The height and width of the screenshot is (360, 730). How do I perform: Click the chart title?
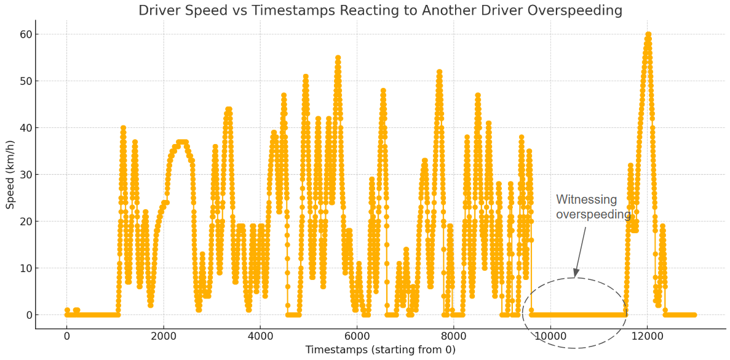[x=380, y=10]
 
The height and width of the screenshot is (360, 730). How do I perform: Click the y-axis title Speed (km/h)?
[x=10, y=174]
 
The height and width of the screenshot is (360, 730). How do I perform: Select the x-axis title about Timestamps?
[x=380, y=350]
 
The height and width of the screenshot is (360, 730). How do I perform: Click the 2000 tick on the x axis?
[x=164, y=336]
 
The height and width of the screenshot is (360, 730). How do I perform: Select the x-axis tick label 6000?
[x=357, y=336]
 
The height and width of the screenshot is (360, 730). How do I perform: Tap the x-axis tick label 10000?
[x=550, y=336]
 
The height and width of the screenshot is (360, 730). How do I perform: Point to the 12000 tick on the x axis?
[x=646, y=336]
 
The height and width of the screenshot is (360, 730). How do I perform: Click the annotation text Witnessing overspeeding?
[x=593, y=207]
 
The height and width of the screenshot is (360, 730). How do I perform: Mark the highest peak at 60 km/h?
[x=648, y=34]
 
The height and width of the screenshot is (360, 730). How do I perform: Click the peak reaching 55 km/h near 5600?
[x=338, y=58]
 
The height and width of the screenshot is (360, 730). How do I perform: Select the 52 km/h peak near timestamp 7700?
[x=439, y=72]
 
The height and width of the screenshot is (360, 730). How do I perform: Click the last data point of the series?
[x=694, y=314]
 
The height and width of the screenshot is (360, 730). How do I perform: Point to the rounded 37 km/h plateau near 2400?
[x=182, y=142]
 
